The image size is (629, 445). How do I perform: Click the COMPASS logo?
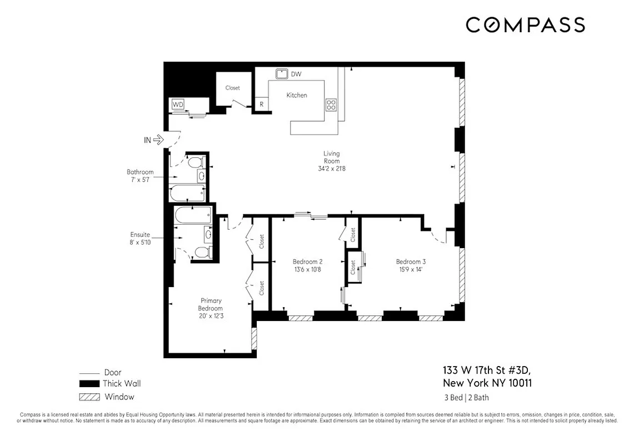[525, 25]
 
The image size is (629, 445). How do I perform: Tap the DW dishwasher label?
[296, 74]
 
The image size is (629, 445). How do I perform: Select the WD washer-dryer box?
[178, 104]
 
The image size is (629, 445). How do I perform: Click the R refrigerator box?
[261, 104]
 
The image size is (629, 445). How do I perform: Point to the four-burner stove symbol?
[331, 105]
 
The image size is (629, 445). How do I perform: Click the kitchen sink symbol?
[282, 73]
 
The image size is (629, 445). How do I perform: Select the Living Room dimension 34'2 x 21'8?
[332, 169]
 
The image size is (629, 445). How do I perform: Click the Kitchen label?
[297, 95]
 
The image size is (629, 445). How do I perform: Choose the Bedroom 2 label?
[307, 261]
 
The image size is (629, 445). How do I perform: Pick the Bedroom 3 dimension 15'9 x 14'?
[411, 270]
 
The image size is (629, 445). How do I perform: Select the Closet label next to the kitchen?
[232, 88]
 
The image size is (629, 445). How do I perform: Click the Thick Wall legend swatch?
[89, 384]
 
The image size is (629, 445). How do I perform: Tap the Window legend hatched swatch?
[89, 397]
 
